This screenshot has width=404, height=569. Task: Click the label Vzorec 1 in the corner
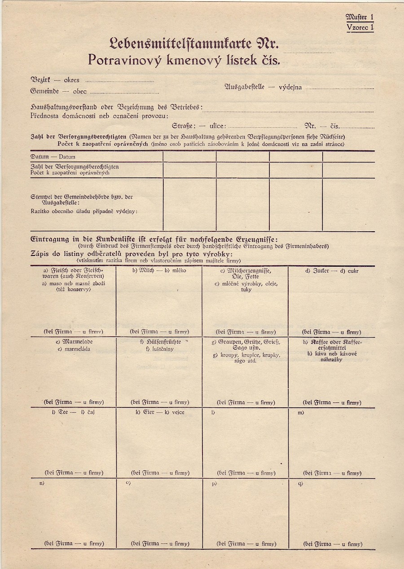coord(360,27)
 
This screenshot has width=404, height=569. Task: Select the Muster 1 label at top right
coord(360,17)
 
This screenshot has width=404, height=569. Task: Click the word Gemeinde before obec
coord(44,91)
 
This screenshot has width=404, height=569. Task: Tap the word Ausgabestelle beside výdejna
coord(244,87)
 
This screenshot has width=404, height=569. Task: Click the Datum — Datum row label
coord(53,157)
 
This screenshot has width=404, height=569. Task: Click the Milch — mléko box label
coord(159,271)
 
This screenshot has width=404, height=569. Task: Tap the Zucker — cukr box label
coord(332,271)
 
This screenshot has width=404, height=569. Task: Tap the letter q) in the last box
coord(300,483)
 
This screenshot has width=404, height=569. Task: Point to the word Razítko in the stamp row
coord(40,211)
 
